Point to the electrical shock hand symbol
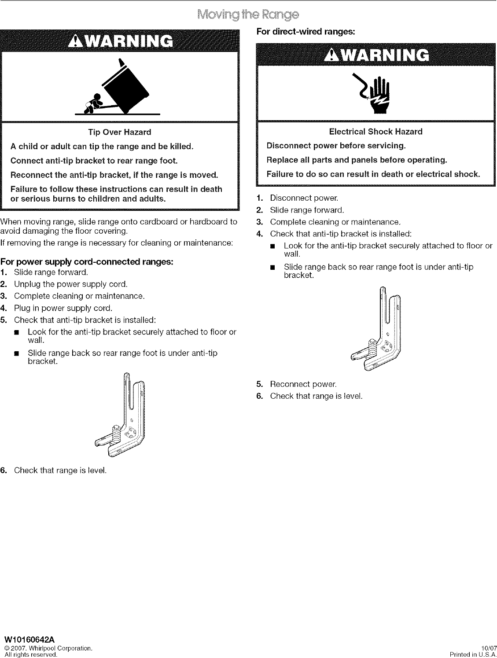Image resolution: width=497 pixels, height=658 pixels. click(376, 94)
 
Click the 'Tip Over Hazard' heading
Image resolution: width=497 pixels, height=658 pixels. click(120, 132)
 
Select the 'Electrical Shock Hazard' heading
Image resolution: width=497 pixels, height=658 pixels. click(376, 132)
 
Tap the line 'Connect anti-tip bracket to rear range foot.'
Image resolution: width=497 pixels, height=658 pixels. click(94, 160)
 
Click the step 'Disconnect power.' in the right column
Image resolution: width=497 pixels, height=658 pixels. click(304, 198)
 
